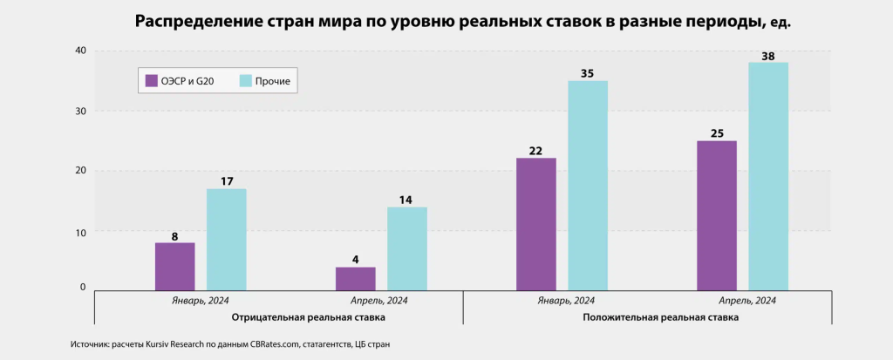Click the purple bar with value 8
pos(174,266)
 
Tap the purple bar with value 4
pos(355,278)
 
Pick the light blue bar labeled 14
pos(407,248)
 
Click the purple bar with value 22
pos(535,223)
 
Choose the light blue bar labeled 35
pos(588,185)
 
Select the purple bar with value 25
pos(717,214)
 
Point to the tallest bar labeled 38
pos(768,175)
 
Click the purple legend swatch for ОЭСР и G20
pos(151,81)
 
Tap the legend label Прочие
pos(272,82)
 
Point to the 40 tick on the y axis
pos(79,51)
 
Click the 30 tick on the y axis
pos(79,112)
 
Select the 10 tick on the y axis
pos(79,232)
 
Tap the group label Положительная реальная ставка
pos(661,318)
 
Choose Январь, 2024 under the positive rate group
pos(562,301)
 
